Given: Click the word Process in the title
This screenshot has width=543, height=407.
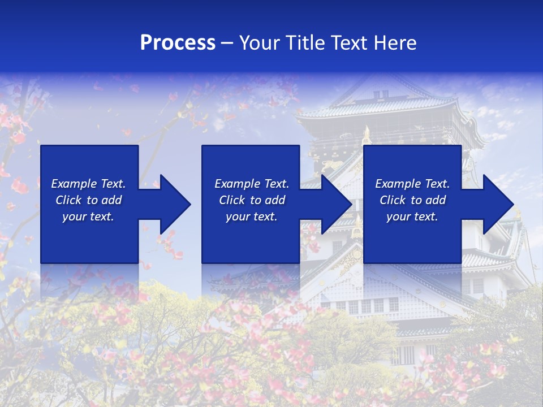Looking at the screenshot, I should click(x=178, y=42).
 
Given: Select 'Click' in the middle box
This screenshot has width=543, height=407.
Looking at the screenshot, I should click(x=231, y=200).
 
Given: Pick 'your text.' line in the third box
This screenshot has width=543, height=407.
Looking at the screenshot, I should click(x=412, y=217).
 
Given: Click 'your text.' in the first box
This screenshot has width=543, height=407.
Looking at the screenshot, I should click(x=88, y=217).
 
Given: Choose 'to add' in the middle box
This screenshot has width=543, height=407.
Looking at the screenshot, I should click(x=268, y=200).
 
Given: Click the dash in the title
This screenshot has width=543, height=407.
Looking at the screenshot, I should click(x=227, y=43).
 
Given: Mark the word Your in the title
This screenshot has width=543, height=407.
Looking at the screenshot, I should click(x=260, y=42).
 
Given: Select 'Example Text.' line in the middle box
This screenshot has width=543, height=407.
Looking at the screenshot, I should click(x=252, y=184).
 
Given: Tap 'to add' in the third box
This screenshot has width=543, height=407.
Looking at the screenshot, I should click(x=428, y=200).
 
